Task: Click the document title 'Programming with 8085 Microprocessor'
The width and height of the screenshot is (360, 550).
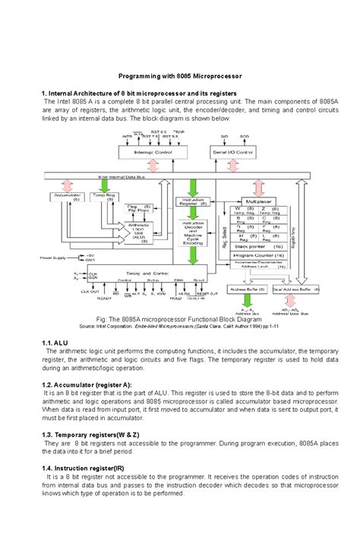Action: (180, 76)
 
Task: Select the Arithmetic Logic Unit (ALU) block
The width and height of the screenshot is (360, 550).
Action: (138, 232)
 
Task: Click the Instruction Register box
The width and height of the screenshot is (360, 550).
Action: (192, 201)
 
